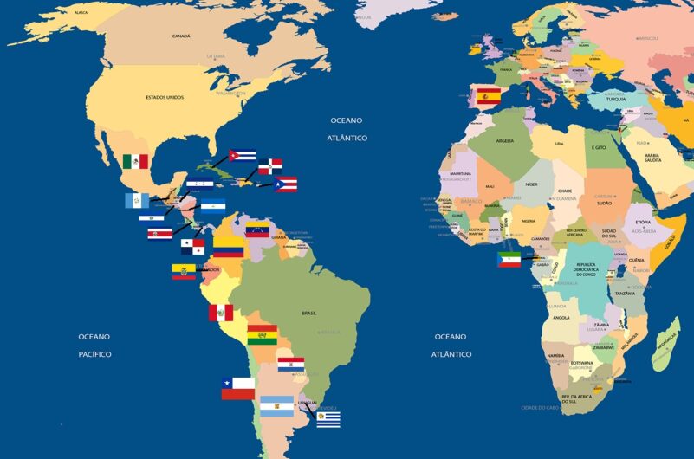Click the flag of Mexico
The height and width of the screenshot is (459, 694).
click(135, 161)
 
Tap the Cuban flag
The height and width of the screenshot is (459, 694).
click(242, 157)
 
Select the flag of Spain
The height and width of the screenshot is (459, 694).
click(489, 96)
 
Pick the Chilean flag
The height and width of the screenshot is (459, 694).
click(237, 388)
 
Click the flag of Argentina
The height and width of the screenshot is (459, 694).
click(277, 404)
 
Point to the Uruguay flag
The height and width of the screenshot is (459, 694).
click(328, 419)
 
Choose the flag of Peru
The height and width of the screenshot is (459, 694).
click(220, 313)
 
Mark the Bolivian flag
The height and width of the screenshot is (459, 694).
click(262, 335)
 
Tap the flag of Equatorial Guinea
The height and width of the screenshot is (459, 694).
click(509, 259)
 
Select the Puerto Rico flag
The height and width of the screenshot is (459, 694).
click(286, 184)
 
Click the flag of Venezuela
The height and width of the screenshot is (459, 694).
click(258, 230)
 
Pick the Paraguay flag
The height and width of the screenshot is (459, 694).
click(290, 364)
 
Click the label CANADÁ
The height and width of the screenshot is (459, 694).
click(181, 36)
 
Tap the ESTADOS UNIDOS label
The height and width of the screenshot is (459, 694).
click(165, 97)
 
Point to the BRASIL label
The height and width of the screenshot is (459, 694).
click(308, 313)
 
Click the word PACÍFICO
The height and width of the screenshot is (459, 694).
click(94, 354)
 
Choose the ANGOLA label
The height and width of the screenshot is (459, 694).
click(561, 318)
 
